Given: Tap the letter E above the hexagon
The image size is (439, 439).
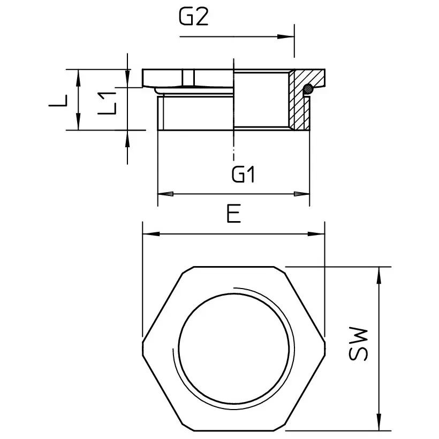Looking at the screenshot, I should pos(232,214).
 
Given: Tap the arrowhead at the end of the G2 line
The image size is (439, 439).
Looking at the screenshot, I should pos(289,36).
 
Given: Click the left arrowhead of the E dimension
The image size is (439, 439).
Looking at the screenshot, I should pos(148,233).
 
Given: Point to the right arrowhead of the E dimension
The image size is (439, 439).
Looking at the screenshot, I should pos(320,233).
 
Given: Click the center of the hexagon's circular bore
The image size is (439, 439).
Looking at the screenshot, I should pos(237,347).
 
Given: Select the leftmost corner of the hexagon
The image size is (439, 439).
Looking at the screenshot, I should pos(143,347).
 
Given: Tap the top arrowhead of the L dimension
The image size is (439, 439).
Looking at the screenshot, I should pos(79,74).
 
